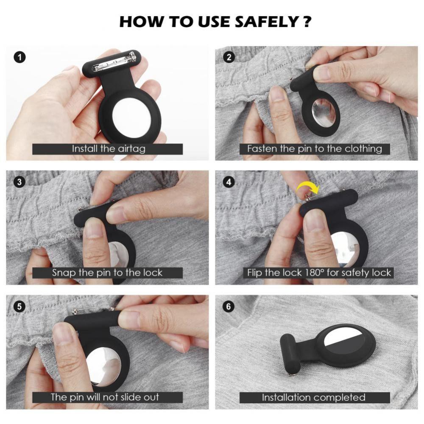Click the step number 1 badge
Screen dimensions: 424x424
coord(20,57)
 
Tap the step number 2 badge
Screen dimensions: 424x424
coord(229,57)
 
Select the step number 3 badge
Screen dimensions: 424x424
coord(20,182)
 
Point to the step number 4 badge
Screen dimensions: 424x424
coord(229,182)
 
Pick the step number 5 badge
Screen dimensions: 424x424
coord(20,307)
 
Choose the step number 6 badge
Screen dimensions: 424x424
coord(229,307)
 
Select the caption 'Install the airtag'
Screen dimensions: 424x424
coord(109,149)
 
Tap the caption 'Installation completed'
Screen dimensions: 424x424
coord(314,397)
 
